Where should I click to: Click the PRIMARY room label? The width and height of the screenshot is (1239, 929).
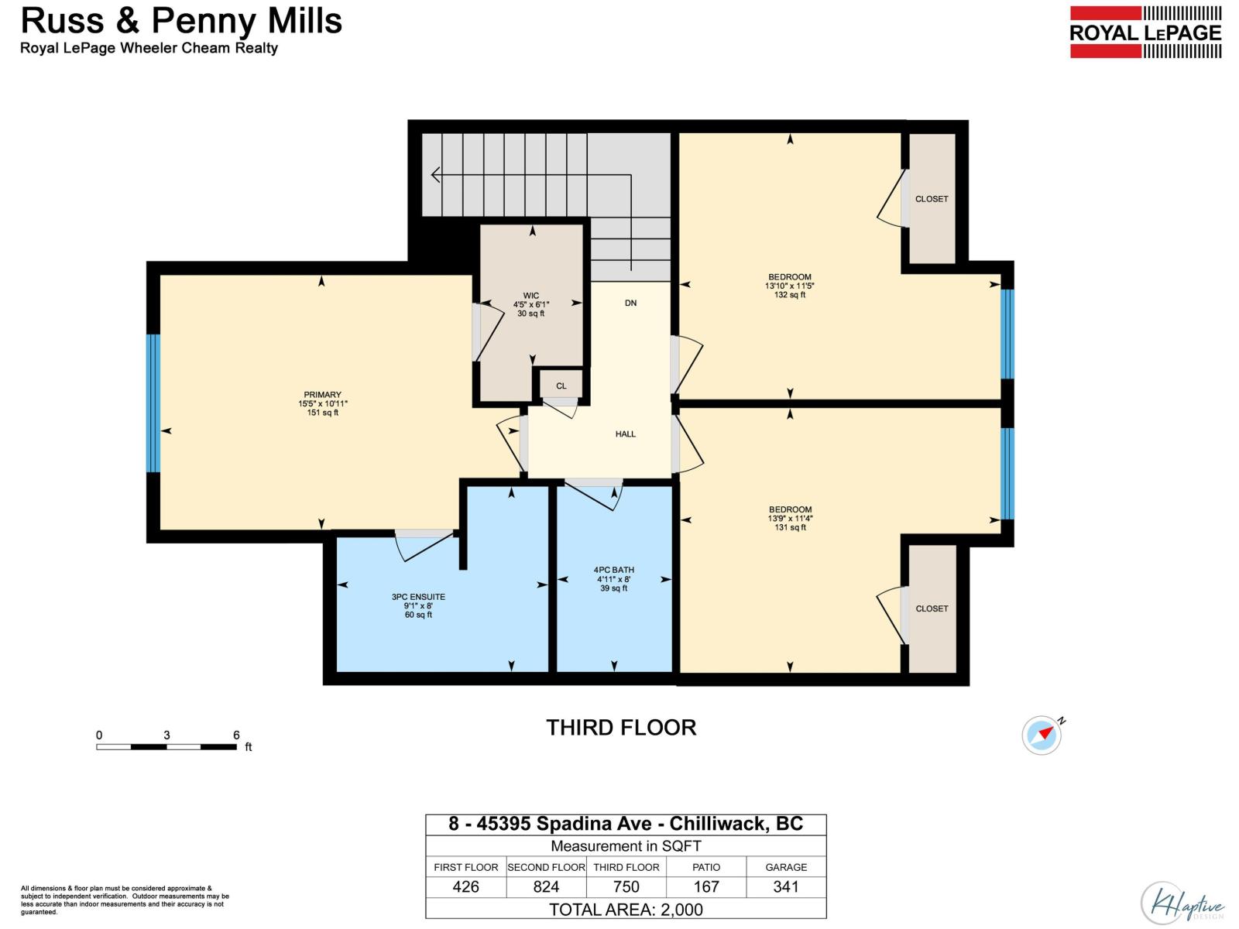point(322,403)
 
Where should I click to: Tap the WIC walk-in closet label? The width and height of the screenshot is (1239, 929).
point(530,304)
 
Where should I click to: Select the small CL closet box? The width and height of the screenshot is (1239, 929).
point(561,386)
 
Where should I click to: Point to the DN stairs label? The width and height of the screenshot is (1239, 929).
point(630,303)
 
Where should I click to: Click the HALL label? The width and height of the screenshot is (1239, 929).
point(625,434)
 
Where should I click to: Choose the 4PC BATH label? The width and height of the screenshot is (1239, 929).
point(614,579)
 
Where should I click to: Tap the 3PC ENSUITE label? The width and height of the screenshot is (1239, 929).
point(418,605)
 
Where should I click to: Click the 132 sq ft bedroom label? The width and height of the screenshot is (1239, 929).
point(789,286)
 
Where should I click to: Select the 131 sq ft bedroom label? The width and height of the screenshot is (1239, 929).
point(790,519)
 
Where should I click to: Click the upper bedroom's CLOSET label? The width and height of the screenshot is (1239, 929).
point(931,199)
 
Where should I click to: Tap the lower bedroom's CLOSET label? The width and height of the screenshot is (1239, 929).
point(931,608)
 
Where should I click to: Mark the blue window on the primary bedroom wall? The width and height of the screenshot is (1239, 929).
point(153,403)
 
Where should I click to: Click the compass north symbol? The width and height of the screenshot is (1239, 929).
point(1042,734)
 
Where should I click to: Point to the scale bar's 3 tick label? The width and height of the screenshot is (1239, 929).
point(166,735)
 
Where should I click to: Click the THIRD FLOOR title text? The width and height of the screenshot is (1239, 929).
point(621,728)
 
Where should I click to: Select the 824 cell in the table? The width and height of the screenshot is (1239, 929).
point(546,887)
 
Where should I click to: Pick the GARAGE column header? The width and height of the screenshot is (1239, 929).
point(786,867)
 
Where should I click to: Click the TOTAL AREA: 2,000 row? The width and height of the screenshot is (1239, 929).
point(626,910)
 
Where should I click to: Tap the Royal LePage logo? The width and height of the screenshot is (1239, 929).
point(1145,33)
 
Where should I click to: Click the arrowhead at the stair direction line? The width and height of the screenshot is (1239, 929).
point(435,176)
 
